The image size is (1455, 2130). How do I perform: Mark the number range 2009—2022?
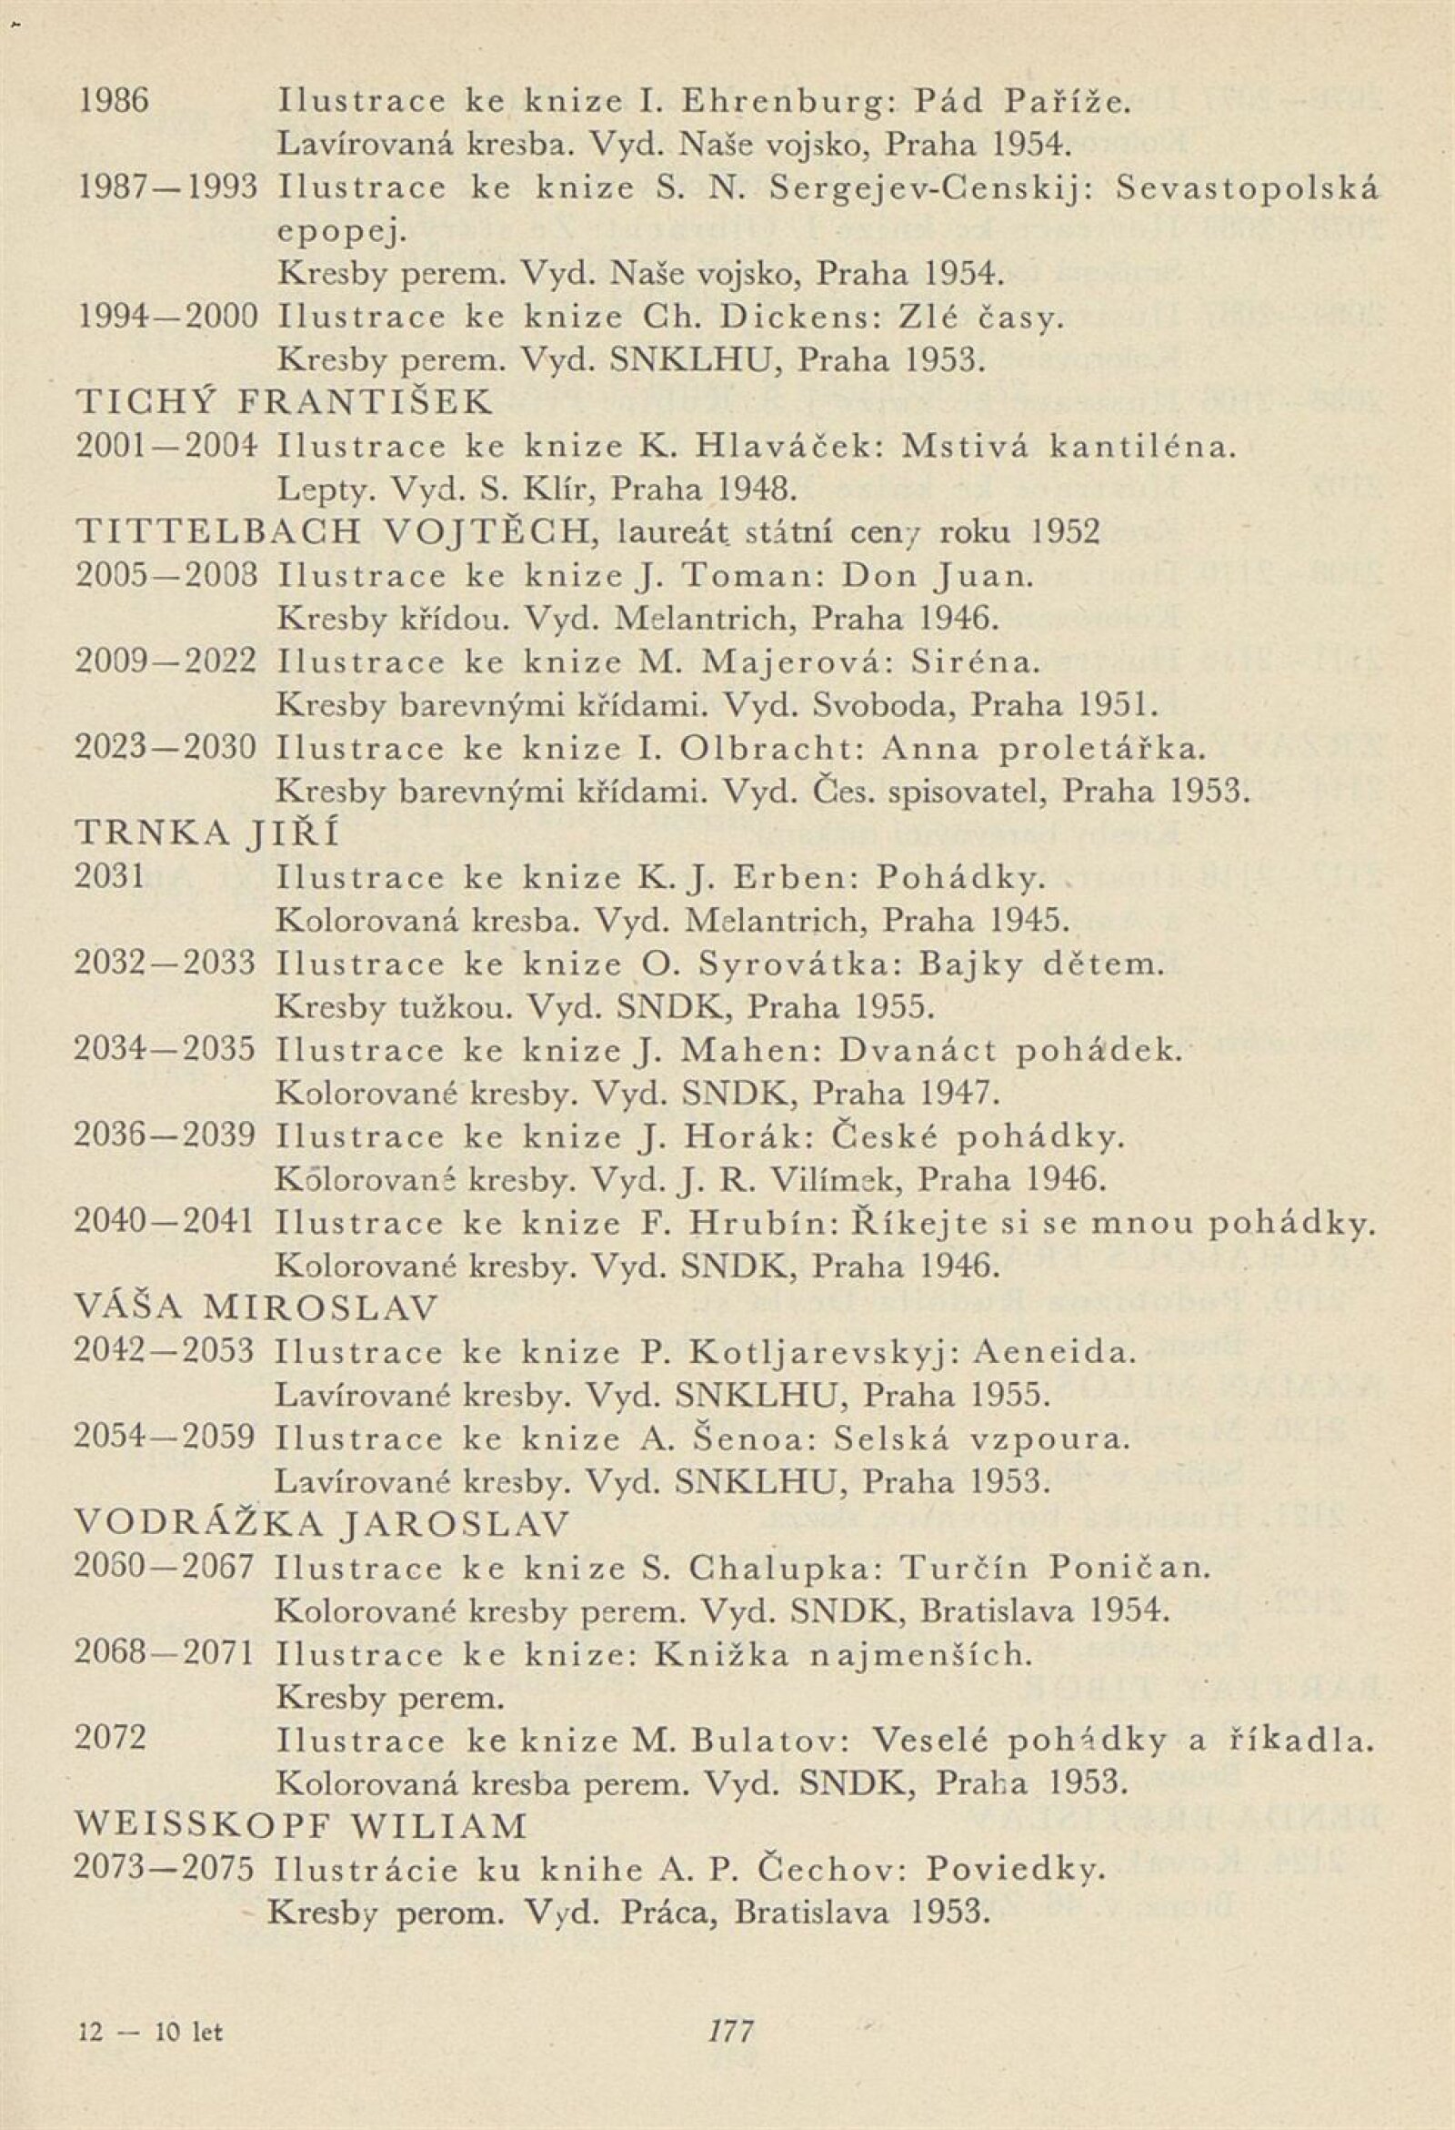(x=165, y=661)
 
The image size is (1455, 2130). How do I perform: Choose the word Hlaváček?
(x=791, y=448)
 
